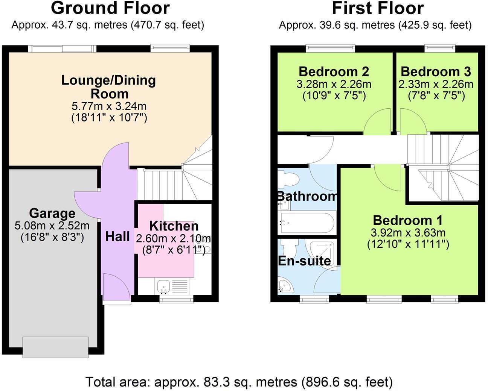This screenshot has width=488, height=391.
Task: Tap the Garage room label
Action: point(52,213)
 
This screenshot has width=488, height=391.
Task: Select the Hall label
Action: point(117,236)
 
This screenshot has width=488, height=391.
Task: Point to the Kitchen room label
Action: point(174,226)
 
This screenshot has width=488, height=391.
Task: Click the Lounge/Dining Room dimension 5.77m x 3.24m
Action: point(109,106)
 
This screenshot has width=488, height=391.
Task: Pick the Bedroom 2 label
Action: point(334,71)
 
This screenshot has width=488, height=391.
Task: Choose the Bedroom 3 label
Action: point(436,71)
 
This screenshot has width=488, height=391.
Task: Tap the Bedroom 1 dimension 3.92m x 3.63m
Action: point(408,232)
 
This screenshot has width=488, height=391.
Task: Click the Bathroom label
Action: point(307,196)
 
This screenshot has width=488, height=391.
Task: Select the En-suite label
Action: point(304,261)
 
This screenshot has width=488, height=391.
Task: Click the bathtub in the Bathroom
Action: point(307,223)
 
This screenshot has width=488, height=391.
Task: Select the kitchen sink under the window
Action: point(163,286)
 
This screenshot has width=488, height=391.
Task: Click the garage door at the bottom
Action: point(55,347)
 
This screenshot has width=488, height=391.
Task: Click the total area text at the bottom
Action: point(239,382)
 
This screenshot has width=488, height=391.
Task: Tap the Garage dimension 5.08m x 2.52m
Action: point(52,226)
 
